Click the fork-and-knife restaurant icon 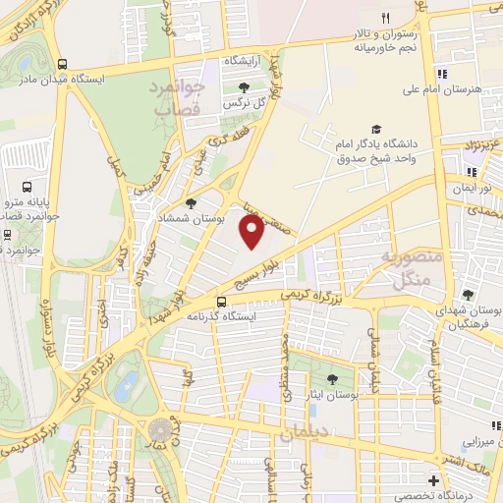[x=385, y=19]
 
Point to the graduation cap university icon [x=375, y=129]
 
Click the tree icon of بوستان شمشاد [x=190, y=203]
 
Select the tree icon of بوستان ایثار [x=333, y=378]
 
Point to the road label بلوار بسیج [x=278, y=264]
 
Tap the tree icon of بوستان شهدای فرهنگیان [x=469, y=294]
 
